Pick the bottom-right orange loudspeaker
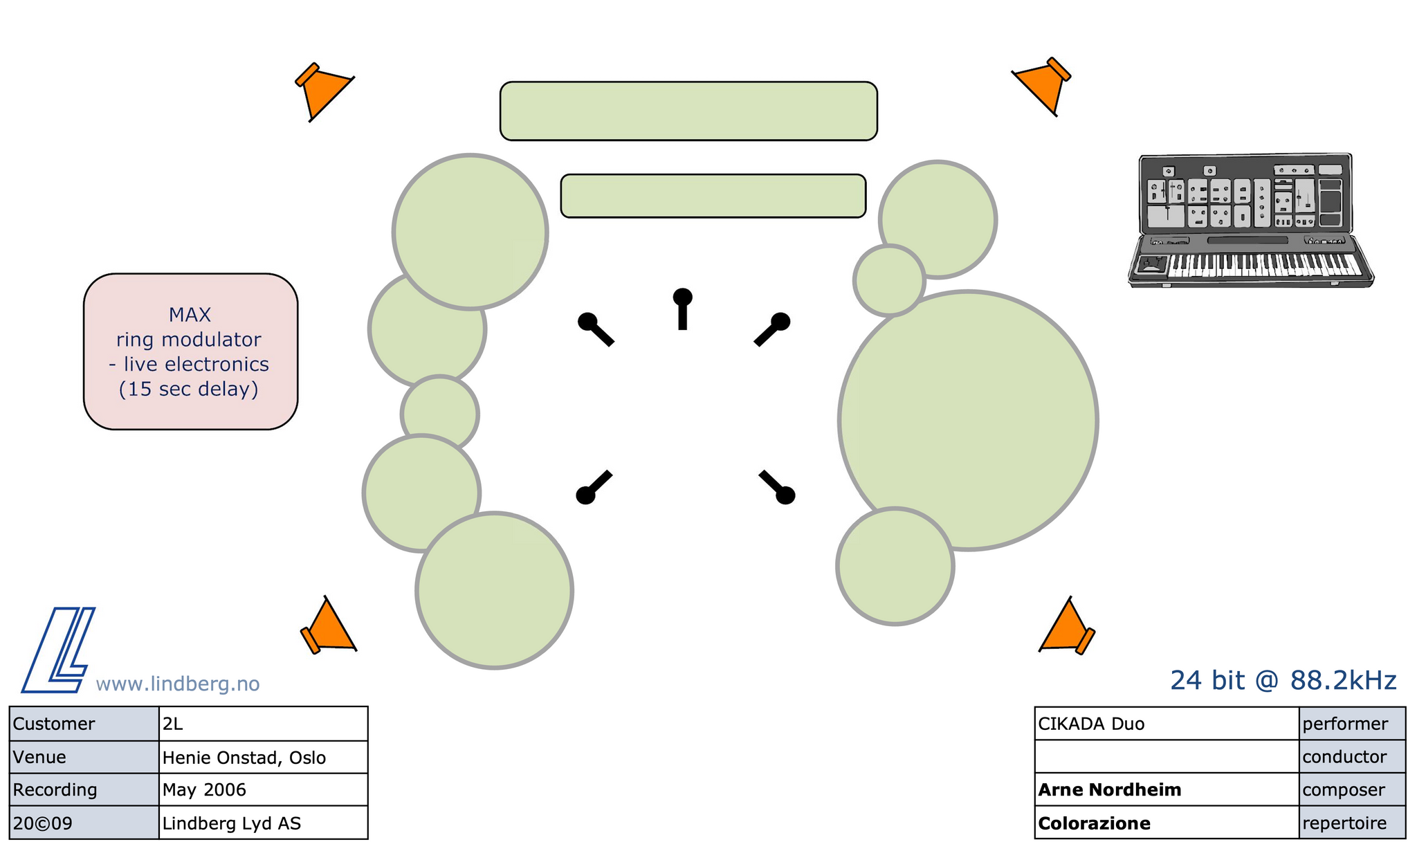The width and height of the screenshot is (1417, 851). pos(1066,628)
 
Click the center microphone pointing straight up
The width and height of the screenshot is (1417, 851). pos(682,307)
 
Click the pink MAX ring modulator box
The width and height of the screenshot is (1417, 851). pos(190,351)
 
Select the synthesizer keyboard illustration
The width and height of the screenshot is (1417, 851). pos(1249,220)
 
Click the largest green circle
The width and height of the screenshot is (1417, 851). pos(968,420)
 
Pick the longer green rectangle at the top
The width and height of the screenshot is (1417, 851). pos(688,111)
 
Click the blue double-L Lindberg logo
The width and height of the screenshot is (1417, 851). pos(59,650)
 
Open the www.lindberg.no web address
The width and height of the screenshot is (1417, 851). pos(178,684)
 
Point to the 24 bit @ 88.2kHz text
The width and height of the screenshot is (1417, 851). pos(1283,681)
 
